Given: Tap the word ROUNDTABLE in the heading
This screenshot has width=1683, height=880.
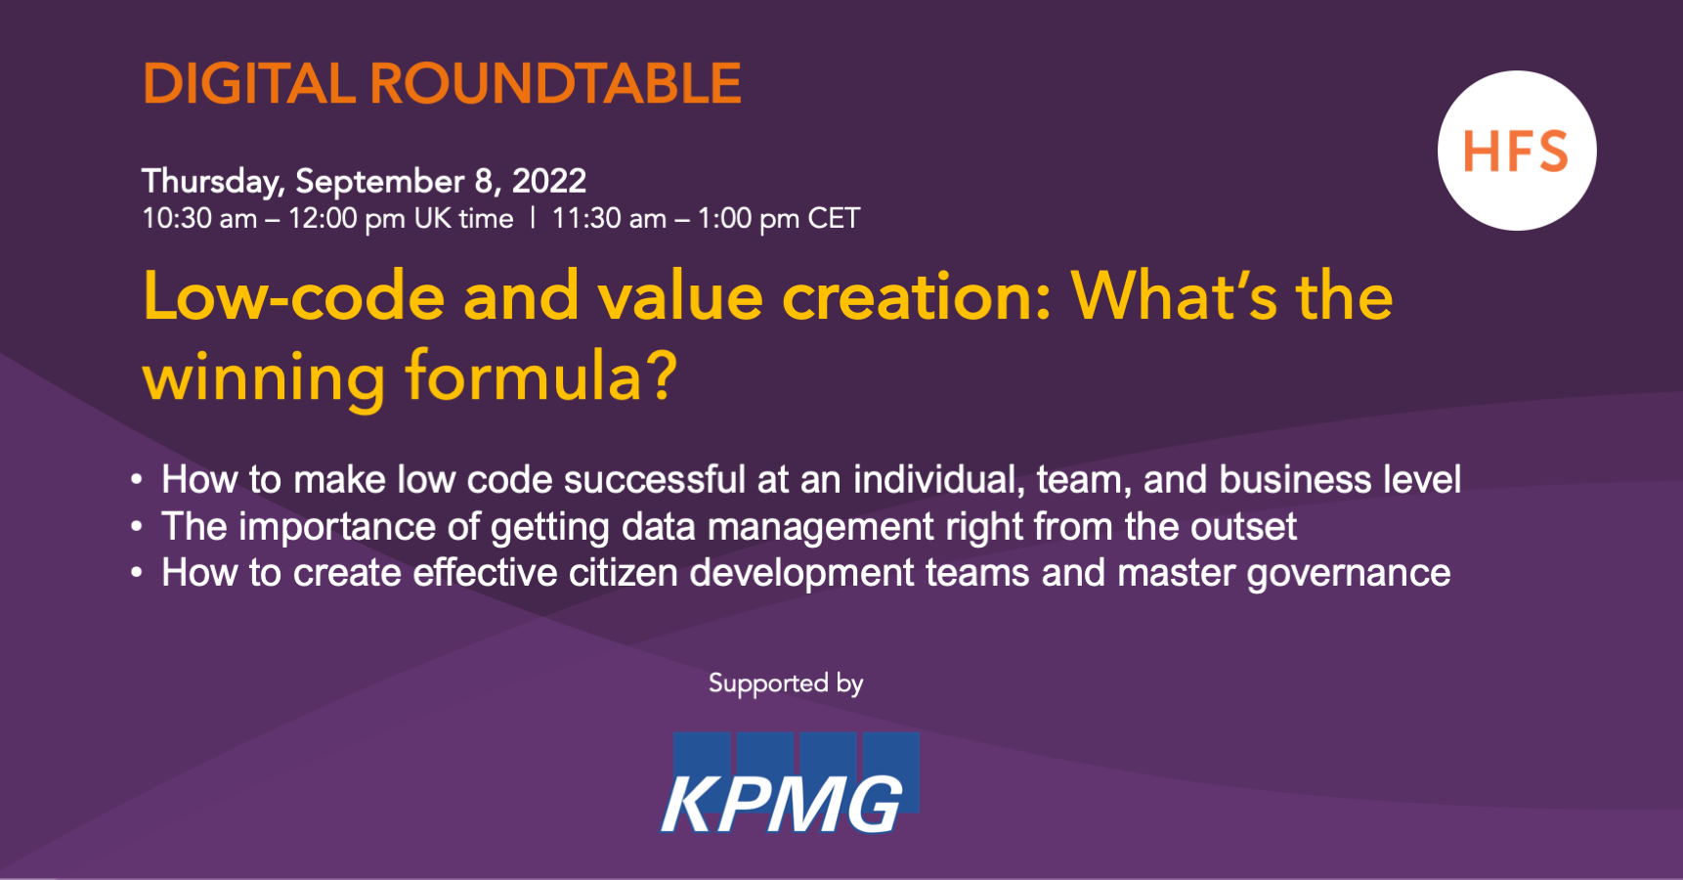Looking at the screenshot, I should [x=555, y=84].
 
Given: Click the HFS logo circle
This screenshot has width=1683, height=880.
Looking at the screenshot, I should [x=1516, y=151].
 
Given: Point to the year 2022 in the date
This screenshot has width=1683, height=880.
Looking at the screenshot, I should [x=549, y=181].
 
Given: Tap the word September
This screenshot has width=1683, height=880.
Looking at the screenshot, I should [x=379, y=182].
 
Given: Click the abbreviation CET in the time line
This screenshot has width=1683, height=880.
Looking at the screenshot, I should [x=834, y=218].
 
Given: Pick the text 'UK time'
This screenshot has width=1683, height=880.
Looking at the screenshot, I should [x=463, y=218].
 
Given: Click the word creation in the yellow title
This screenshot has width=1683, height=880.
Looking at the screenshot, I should [x=916, y=297].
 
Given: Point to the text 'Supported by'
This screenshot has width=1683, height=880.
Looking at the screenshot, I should [x=786, y=683].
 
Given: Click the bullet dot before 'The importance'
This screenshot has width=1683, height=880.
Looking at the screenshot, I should [x=137, y=527].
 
